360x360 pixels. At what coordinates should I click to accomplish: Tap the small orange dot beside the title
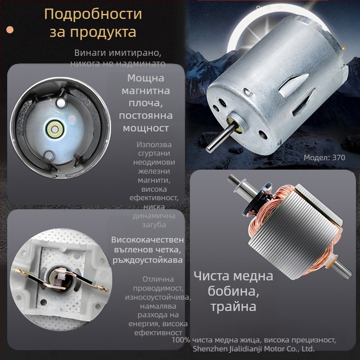(x=10, y=30)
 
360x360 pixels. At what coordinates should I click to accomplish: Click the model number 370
(x=338, y=158)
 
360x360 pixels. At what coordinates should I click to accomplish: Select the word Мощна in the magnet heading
(x=145, y=78)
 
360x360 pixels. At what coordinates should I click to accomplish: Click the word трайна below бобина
(x=233, y=307)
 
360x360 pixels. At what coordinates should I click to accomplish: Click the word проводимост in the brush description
(x=157, y=288)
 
